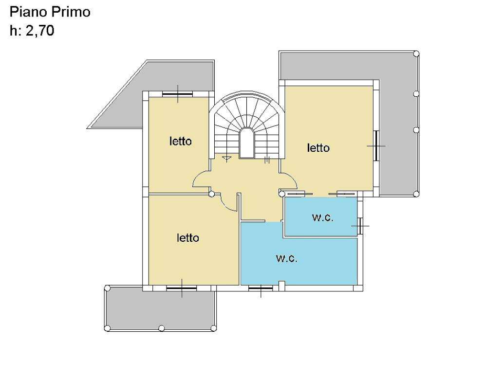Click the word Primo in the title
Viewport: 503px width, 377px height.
click(x=71, y=12)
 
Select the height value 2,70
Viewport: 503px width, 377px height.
click(x=40, y=31)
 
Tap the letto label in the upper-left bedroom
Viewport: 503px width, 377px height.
click(x=181, y=141)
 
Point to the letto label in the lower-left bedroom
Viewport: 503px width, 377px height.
click(x=188, y=237)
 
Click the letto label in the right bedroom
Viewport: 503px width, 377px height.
click(x=318, y=148)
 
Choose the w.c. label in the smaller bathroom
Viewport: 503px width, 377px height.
click(x=323, y=217)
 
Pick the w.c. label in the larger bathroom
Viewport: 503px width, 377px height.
click(x=287, y=258)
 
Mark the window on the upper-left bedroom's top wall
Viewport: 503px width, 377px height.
click(x=177, y=94)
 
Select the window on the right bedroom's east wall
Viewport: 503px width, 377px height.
click(x=376, y=145)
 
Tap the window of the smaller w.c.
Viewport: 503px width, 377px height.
click(x=360, y=226)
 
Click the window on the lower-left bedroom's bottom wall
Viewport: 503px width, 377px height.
click(x=182, y=288)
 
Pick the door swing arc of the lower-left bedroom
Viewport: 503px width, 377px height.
click(x=226, y=205)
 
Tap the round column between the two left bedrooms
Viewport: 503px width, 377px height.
click(x=211, y=194)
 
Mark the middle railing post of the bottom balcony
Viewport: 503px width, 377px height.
click(x=162, y=328)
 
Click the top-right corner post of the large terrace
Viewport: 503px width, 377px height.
click(x=416, y=54)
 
